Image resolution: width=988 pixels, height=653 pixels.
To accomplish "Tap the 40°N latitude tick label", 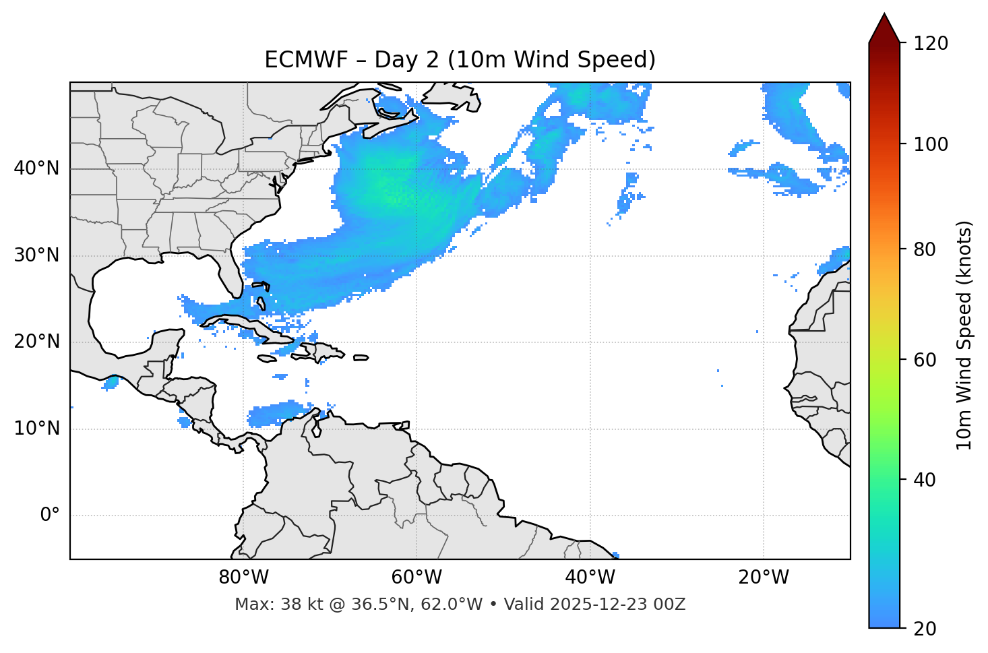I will pyautogui.click(x=36, y=168).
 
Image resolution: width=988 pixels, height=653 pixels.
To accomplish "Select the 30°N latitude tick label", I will pyautogui.click(x=36, y=255).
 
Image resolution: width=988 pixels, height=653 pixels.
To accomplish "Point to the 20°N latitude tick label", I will pyautogui.click(x=36, y=342).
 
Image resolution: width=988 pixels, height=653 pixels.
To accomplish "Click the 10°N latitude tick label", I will pyautogui.click(x=36, y=429).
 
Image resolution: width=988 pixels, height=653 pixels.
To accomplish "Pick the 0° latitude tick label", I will pyautogui.click(x=49, y=516).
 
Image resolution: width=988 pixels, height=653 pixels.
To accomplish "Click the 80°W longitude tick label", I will pyautogui.click(x=243, y=578).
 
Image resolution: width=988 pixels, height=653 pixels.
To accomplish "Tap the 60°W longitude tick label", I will pyautogui.click(x=416, y=578).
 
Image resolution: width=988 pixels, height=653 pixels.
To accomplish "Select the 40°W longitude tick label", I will pyautogui.click(x=590, y=578).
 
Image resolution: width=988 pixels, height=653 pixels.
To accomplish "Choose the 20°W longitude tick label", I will pyautogui.click(x=763, y=578).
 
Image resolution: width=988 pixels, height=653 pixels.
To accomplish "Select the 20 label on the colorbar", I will pyautogui.click(x=924, y=629).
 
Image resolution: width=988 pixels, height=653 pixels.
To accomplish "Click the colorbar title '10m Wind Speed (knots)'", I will pyautogui.click(x=964, y=336).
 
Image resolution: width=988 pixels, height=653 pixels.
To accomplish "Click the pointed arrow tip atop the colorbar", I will pyautogui.click(x=884, y=16).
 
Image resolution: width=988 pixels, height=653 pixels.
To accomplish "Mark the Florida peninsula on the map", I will pyautogui.click(x=231, y=273).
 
